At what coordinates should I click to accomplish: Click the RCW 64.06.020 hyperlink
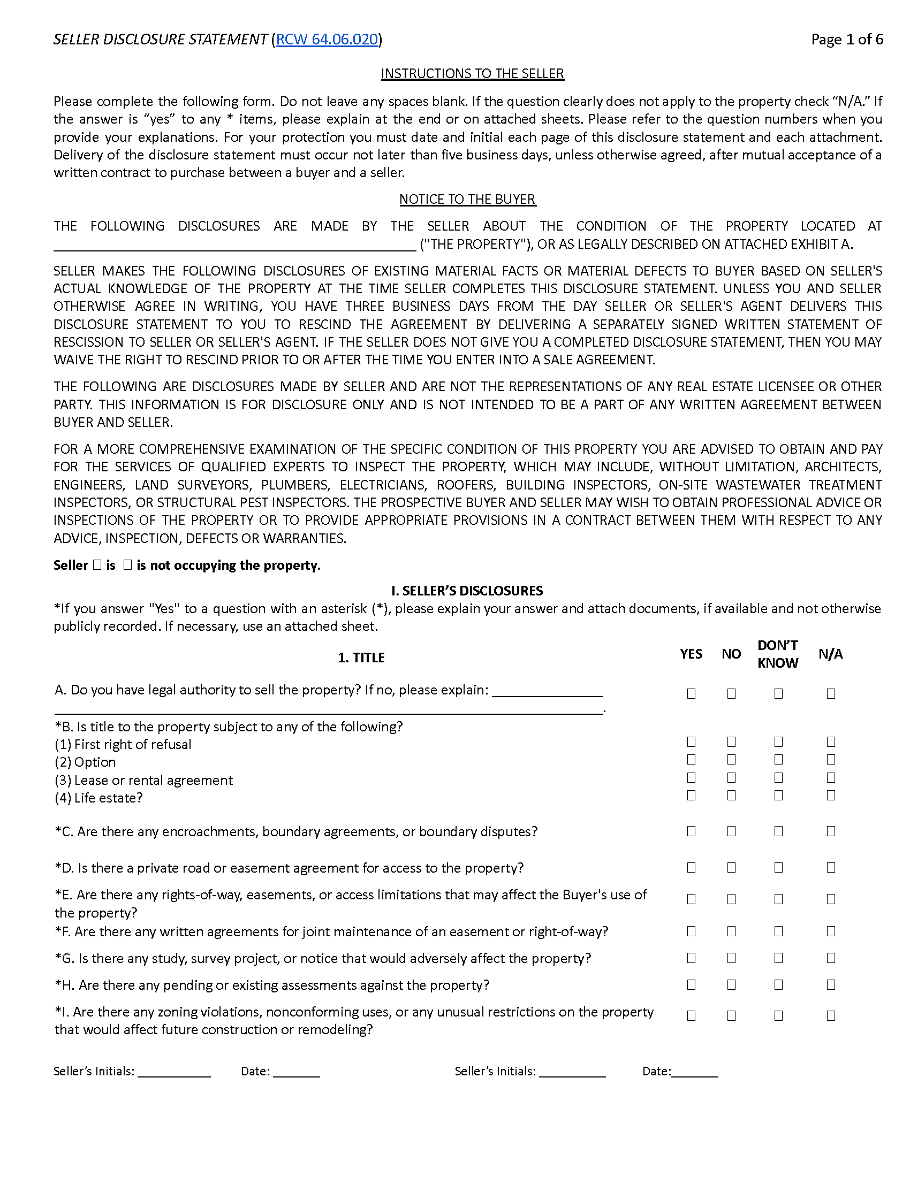[x=327, y=40]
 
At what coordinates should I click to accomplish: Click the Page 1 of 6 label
[x=846, y=40]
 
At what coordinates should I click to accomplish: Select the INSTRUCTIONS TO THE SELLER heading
[x=472, y=73]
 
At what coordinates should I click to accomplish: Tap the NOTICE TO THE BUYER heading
[x=467, y=199]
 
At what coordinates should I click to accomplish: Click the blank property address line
[x=234, y=246]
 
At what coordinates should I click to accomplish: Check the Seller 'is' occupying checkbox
[x=97, y=565]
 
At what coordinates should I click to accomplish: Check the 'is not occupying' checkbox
[x=128, y=565]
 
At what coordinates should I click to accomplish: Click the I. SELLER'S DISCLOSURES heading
[x=467, y=591]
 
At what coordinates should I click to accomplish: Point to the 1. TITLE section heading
[x=361, y=658]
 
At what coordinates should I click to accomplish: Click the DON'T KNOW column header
[x=777, y=654]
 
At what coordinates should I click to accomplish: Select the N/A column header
[x=830, y=654]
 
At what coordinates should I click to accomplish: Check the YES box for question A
[x=691, y=693]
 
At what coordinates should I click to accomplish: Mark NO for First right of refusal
[x=731, y=742]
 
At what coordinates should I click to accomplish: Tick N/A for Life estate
[x=831, y=795]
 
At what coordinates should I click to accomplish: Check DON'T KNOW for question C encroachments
[x=778, y=831]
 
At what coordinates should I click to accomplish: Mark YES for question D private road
[x=691, y=867]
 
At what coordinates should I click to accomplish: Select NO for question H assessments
[x=731, y=984]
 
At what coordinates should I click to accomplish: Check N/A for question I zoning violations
[x=831, y=1015]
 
